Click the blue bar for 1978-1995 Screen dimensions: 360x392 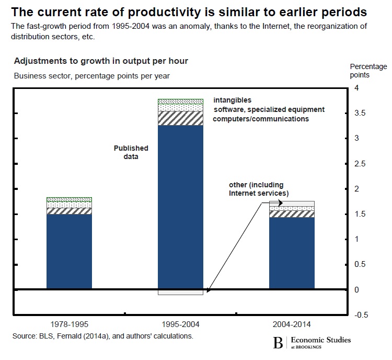coord(69,251)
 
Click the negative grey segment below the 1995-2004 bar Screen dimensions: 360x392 coord(180,292)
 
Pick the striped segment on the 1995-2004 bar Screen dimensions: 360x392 coord(180,118)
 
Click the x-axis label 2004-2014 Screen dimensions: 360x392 coord(292,324)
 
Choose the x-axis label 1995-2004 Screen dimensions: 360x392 coord(180,324)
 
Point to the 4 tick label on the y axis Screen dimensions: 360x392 coord(356,88)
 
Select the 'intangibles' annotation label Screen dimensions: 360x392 coord(232,100)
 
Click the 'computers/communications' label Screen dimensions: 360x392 coord(261,119)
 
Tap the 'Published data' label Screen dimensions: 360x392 coord(131,152)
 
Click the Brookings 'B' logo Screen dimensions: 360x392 coord(278,343)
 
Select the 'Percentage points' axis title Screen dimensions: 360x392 coord(368,71)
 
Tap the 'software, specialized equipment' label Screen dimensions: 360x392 coord(269,109)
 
